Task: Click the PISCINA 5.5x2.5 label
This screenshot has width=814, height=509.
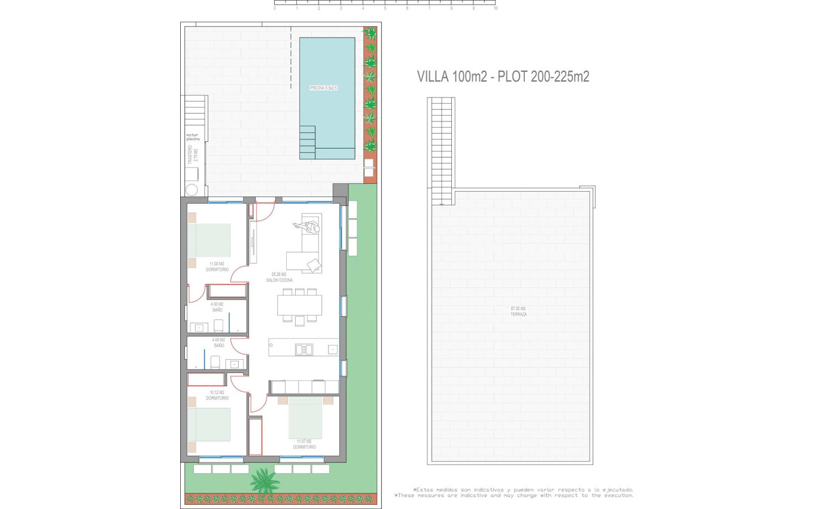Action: tap(324, 87)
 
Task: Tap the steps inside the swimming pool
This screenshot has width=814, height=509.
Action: tap(307, 142)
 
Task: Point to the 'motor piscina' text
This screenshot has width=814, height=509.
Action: tap(192, 137)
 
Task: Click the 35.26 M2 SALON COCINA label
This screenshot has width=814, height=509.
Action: tap(279, 277)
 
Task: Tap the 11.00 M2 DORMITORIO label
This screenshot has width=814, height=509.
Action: tap(217, 266)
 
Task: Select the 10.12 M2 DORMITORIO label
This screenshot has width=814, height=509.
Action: tap(217, 395)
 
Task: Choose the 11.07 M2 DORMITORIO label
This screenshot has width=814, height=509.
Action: tap(305, 444)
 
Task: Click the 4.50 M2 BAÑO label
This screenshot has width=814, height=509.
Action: tap(217, 307)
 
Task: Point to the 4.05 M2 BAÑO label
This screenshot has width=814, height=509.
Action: tap(219, 343)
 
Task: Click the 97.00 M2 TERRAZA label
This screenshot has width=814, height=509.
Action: tap(518, 311)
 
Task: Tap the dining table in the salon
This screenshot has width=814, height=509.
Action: tap(299, 305)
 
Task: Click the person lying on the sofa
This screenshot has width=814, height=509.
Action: tap(306, 227)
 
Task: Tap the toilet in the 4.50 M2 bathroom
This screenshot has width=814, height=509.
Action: tap(218, 325)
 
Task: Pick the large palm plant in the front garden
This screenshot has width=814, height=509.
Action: tap(264, 480)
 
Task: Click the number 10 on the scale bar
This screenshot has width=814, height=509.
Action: tap(496, 9)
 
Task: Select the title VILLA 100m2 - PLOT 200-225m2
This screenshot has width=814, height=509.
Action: tap(503, 77)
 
